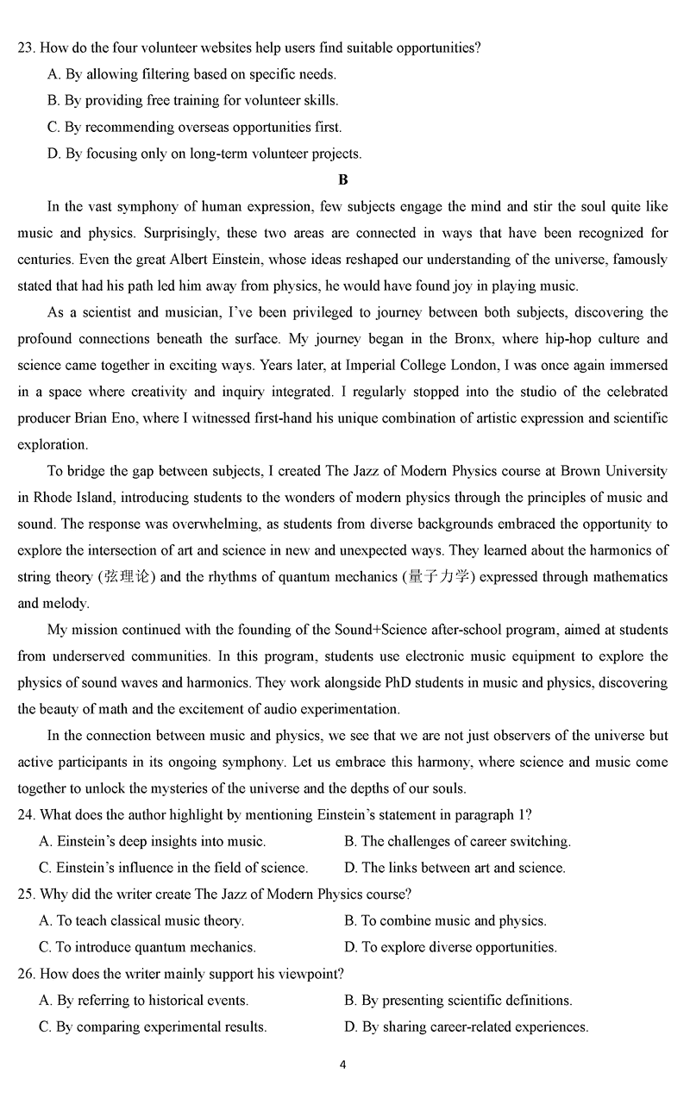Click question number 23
[x=26, y=48]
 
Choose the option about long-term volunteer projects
[x=204, y=154]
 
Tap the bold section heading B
[x=343, y=180]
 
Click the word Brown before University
[x=580, y=472]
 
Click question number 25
[x=26, y=894]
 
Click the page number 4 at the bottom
[x=343, y=1064]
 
